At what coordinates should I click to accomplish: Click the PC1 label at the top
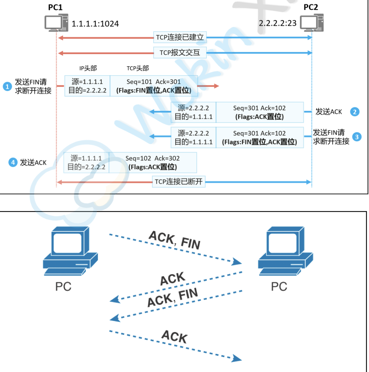[55, 7]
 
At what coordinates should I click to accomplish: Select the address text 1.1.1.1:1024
[95, 24]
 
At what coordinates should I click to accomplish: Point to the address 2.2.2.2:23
[277, 23]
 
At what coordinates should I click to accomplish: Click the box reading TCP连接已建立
[180, 37]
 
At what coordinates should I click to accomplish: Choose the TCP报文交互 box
[180, 53]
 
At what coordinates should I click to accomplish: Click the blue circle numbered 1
[7, 86]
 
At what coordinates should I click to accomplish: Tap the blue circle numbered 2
[355, 112]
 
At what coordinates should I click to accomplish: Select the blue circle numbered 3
[357, 137]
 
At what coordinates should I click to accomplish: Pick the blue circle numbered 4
[13, 162]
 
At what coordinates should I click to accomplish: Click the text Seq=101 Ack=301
[154, 82]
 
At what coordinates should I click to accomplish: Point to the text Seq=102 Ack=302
[153, 158]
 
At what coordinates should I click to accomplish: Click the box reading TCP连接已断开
[179, 182]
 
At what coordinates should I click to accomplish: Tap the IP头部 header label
[88, 68]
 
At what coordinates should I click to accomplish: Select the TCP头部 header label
[138, 68]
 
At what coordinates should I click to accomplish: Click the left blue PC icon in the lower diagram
[70, 251]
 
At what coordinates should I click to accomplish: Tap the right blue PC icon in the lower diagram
[285, 251]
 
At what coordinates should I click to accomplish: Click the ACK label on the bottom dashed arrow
[175, 336]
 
